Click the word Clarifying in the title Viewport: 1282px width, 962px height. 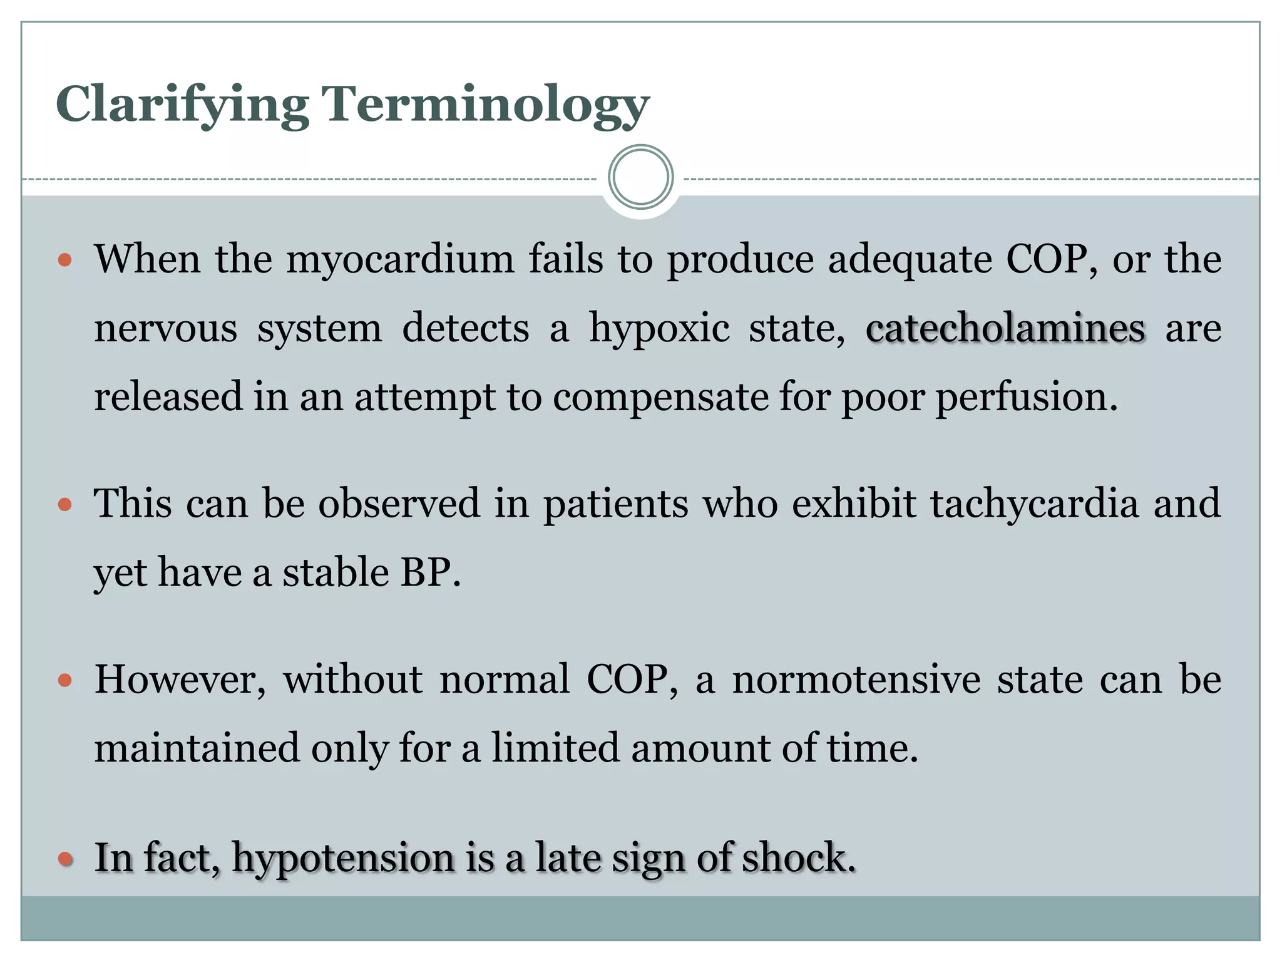[182, 105]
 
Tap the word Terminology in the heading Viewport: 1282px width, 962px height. [485, 105]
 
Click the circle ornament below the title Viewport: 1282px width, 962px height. [640, 177]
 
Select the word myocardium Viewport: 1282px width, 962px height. [400, 259]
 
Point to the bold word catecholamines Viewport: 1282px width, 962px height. [1005, 328]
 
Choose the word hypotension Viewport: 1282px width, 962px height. [343, 858]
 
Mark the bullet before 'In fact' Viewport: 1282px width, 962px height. [65, 859]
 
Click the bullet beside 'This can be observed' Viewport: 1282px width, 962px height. [65, 504]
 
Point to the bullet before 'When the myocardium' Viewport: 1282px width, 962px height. [65, 260]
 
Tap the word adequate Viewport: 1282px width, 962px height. [910, 260]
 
